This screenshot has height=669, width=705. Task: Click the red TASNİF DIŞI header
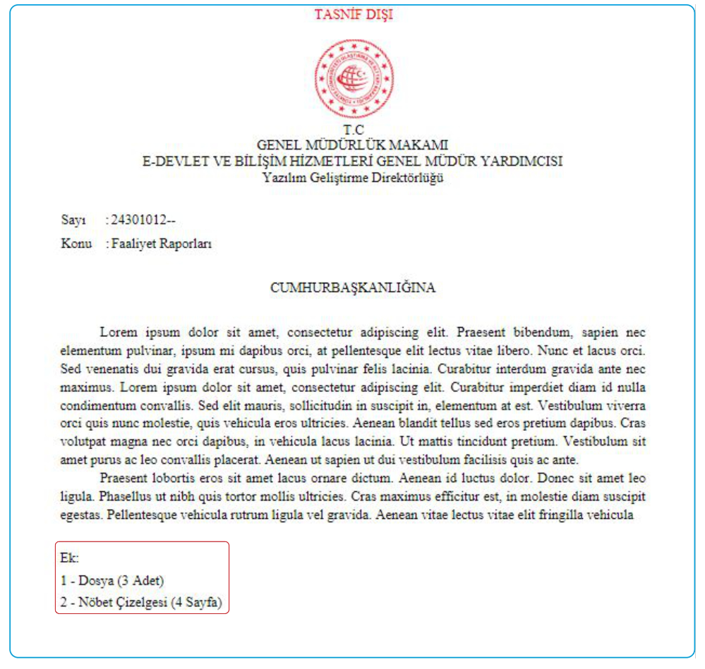pos(354,15)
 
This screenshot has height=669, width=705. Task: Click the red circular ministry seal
pos(354,79)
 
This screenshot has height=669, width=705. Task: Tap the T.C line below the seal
pos(354,130)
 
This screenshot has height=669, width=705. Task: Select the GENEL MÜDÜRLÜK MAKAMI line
pos(353,145)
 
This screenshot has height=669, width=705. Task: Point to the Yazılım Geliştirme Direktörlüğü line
pos(353,177)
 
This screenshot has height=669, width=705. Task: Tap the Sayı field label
pos(73,221)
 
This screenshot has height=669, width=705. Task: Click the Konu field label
pos(76,244)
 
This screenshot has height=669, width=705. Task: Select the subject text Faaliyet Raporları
pos(162,244)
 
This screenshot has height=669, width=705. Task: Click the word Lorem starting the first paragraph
pos(119,331)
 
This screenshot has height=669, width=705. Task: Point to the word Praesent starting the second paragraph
pos(124,478)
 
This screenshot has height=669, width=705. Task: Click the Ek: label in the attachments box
pos(70,558)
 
